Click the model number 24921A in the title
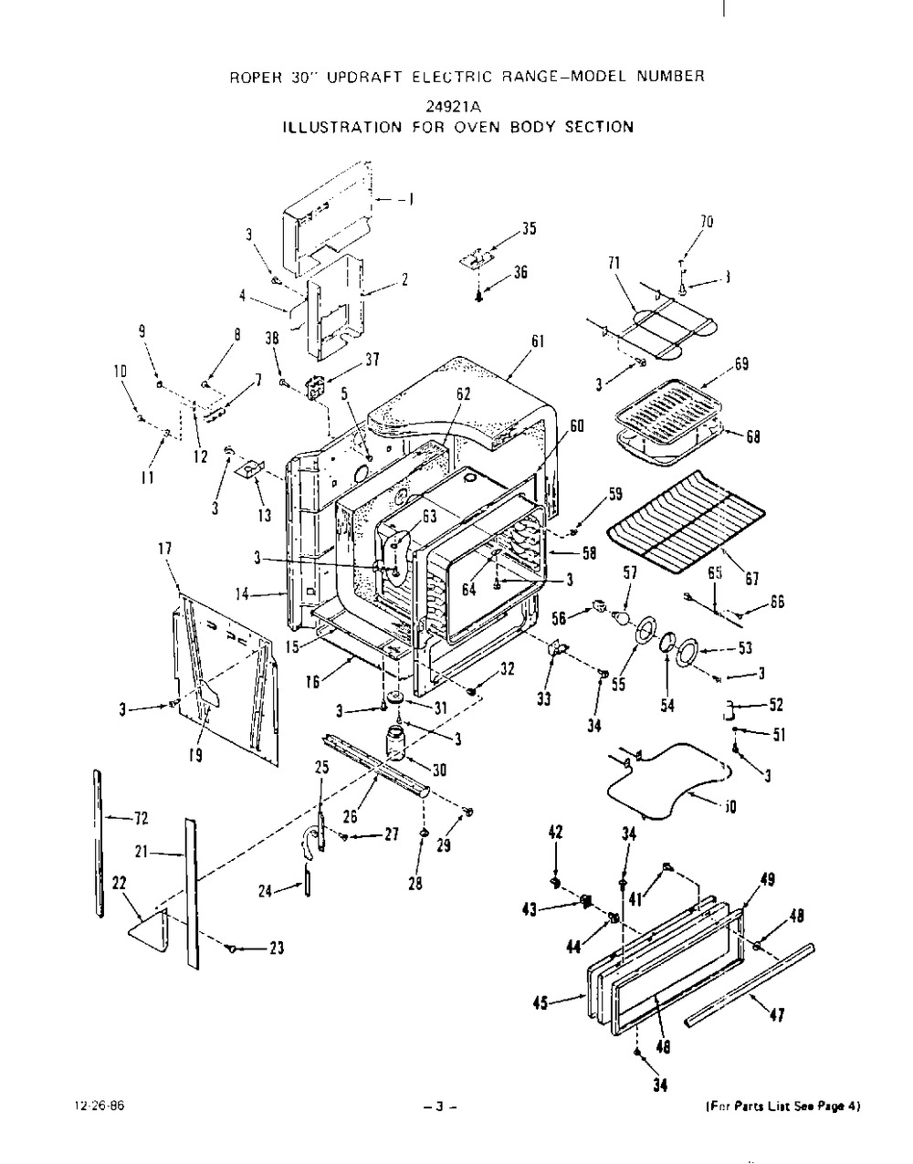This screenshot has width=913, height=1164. point(457,103)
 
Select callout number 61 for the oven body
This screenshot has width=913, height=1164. point(538,341)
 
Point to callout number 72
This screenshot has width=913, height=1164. point(140,817)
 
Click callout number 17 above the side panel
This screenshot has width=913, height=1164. point(165,550)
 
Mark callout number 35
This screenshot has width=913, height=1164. point(530,229)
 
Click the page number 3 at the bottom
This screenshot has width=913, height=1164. point(439,1107)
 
